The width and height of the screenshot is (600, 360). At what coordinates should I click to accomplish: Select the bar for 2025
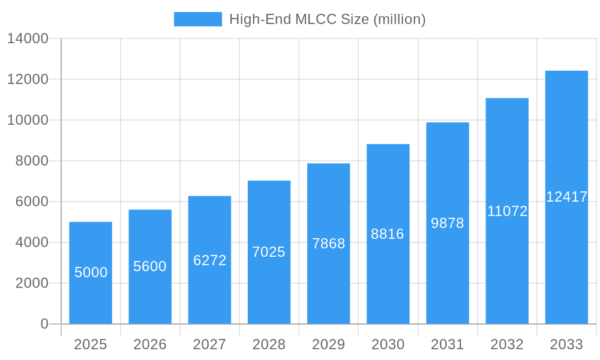coord(91,273)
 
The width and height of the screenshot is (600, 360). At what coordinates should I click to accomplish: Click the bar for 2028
coord(269,252)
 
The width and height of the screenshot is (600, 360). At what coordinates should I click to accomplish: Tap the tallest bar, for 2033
coord(566,197)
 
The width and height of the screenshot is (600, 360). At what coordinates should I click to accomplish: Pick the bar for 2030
coord(388,234)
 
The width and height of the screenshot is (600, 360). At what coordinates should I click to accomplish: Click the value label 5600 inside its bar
coord(150,266)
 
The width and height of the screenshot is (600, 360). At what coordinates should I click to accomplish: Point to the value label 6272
coord(209,260)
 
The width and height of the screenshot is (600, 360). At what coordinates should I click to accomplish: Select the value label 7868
coord(328,244)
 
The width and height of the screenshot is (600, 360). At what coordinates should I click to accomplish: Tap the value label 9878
coord(448,223)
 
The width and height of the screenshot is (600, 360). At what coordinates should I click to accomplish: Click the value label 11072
coord(507,211)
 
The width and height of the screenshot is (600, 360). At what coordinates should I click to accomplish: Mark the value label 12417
coord(566,197)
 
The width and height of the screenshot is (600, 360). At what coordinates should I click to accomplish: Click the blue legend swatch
coord(197,19)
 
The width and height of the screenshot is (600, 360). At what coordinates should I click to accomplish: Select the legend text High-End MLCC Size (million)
coord(327,19)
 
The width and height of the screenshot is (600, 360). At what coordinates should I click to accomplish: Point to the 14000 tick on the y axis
coord(28,38)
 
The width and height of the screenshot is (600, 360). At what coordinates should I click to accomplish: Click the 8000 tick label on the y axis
coord(32,161)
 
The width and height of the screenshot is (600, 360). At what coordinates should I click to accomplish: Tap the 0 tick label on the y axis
coord(44,324)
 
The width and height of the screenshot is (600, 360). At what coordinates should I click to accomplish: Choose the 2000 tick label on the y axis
coord(32,283)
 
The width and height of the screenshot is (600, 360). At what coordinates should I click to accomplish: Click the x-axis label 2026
coord(150,344)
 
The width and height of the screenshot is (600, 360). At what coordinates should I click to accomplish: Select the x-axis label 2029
coord(328,344)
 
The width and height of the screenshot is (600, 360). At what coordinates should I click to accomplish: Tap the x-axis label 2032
coord(507,344)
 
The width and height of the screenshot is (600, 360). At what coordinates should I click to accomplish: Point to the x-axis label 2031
coord(448,344)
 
